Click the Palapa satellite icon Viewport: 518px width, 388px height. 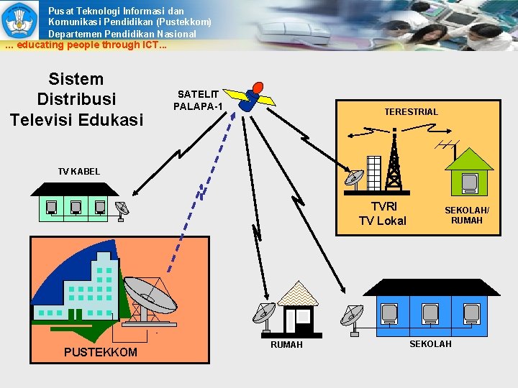coord(251,100)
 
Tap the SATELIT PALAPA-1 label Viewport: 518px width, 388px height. coord(199,101)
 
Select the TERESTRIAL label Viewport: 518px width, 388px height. coord(411,111)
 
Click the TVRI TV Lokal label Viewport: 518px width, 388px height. coord(382,214)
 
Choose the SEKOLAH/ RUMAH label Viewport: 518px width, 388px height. coord(467,215)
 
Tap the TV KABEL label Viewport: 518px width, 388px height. coord(79,171)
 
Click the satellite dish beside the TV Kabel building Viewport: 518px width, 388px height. coord(122,209)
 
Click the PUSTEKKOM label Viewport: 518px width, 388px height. coord(100,352)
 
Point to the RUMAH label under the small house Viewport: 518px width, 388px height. coord(286,345)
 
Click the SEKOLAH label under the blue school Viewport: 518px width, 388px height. coord(430,344)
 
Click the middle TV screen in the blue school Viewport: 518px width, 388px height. coord(430,313)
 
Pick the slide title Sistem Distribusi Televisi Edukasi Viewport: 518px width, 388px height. coord(76,99)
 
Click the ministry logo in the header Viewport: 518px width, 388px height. coord(19,19)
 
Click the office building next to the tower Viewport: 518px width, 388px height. coord(374,172)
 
